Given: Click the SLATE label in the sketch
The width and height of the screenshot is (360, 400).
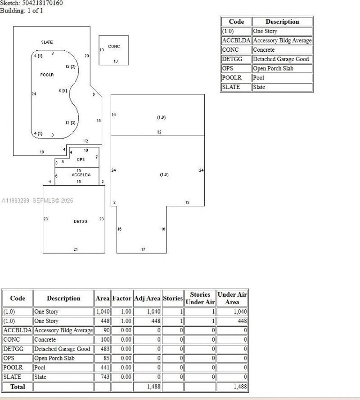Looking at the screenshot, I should (47, 42).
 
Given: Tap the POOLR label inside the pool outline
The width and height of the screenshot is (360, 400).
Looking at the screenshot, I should (47, 75).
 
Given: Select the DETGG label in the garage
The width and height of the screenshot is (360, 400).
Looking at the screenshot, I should (81, 222).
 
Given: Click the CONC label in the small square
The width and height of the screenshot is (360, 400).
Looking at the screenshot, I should (114, 47).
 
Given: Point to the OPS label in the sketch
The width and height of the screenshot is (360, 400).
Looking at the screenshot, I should (81, 160).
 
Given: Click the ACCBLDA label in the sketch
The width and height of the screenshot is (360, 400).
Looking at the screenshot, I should (81, 175).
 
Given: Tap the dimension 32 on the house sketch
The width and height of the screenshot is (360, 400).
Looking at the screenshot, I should (159, 132).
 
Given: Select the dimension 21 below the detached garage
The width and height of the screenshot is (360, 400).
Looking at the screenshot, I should (76, 249).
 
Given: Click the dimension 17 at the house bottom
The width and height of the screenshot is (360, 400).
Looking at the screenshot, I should (143, 249).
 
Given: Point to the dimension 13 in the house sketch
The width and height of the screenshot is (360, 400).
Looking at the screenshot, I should (187, 203).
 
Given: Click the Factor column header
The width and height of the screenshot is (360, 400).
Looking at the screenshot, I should (121, 298).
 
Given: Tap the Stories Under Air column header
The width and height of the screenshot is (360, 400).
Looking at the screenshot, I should (200, 298).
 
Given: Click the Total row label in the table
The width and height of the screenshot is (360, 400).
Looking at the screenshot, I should (18, 387).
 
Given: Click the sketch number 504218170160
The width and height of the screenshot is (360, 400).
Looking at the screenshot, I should (43, 3).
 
